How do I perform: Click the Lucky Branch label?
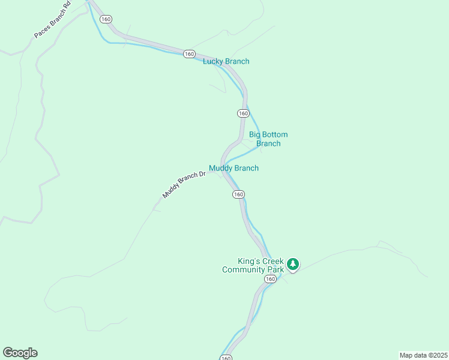point(226,61)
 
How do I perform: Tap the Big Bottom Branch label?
point(268,139)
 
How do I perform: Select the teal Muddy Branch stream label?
point(234,168)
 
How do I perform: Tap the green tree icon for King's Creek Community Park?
point(292,264)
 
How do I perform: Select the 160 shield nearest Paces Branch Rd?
point(106,19)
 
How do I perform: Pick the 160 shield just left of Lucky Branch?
point(189,54)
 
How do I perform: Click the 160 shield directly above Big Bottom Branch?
point(243,113)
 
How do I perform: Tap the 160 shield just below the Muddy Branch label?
point(238,194)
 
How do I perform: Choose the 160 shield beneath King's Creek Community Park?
point(270,279)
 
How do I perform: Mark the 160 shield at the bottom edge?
point(225,358)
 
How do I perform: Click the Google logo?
point(20,353)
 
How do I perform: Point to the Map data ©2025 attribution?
point(423,355)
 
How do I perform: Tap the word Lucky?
point(213,61)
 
